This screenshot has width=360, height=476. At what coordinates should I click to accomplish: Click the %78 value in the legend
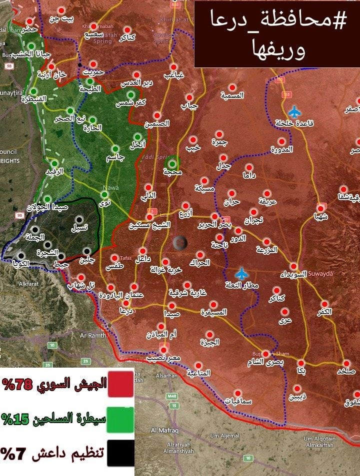point(17,385)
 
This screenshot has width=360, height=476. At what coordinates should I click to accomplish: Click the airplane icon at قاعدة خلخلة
point(295,110)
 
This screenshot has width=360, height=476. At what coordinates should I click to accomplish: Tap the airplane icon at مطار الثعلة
point(242,273)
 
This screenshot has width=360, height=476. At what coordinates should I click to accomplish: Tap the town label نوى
point(105,203)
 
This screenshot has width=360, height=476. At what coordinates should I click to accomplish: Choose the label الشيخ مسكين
point(148,225)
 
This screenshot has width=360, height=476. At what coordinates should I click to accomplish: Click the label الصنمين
point(156,123)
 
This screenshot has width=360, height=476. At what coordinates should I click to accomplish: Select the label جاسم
point(116,157)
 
